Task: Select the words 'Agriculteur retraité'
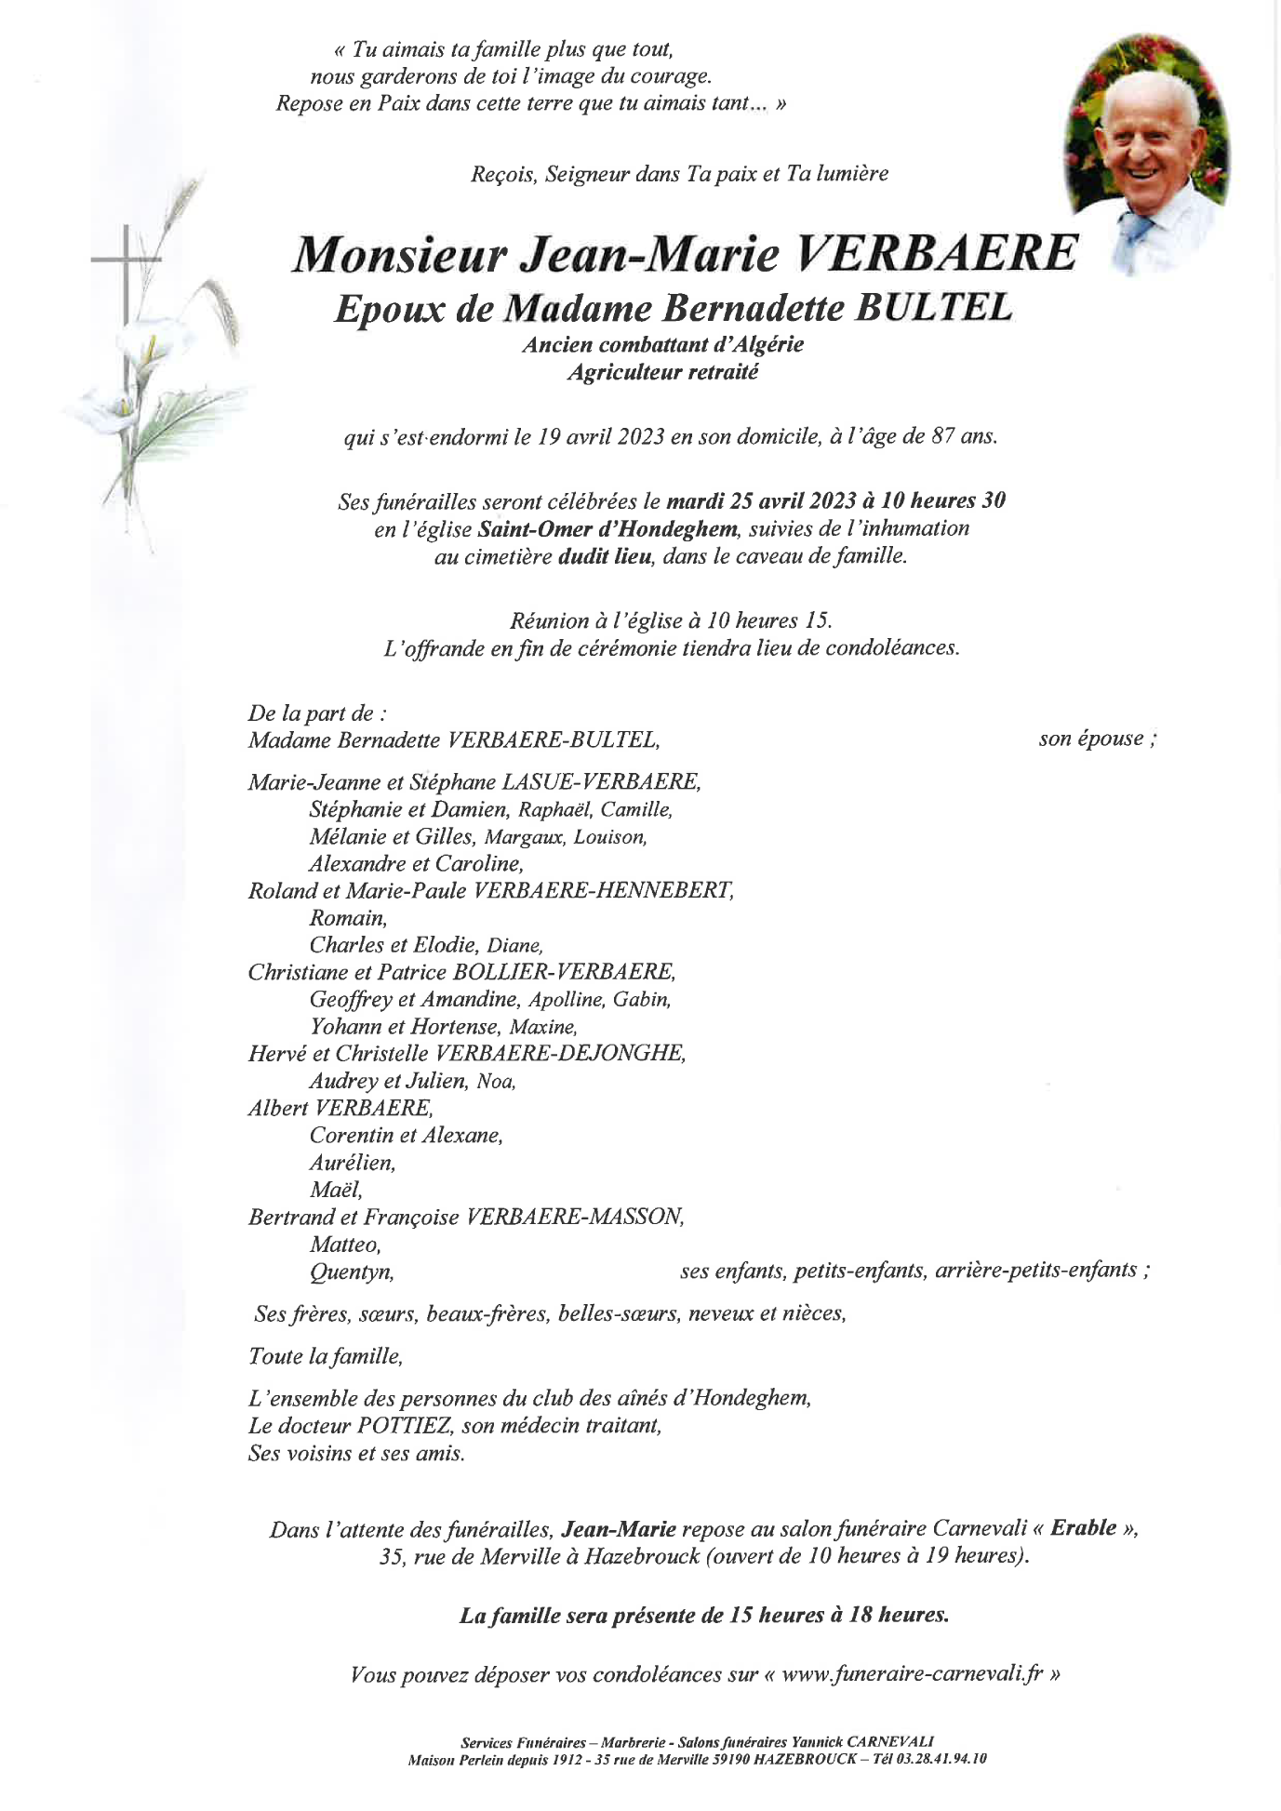point(662,373)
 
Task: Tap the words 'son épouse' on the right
point(1090,739)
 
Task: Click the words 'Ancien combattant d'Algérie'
point(662,345)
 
